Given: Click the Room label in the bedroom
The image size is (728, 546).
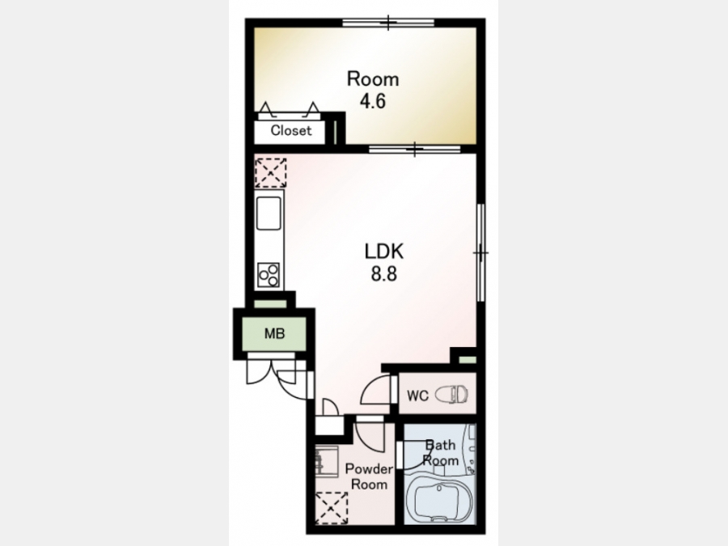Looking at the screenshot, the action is [x=373, y=79].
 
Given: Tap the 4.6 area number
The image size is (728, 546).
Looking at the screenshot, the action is [x=373, y=101].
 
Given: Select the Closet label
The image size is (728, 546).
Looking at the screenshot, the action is [x=291, y=130].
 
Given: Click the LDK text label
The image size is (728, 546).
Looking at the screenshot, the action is [x=384, y=252].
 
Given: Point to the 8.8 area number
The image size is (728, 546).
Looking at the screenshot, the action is [x=384, y=274].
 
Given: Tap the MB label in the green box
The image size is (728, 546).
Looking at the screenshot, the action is [x=274, y=333].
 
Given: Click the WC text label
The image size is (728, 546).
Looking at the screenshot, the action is [x=417, y=396].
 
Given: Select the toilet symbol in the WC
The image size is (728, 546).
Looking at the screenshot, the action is [x=451, y=395].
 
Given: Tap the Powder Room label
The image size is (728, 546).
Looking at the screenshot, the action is [x=369, y=476].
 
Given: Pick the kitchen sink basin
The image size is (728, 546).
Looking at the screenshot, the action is [x=269, y=213].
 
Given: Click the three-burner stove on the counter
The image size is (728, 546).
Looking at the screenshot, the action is [x=269, y=275].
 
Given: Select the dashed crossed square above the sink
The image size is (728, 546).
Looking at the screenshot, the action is [x=271, y=173].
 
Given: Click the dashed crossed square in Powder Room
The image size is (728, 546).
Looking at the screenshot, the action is [x=332, y=508].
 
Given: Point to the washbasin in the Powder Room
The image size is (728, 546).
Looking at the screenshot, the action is [x=327, y=460].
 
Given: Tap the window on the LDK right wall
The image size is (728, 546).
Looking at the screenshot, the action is [x=481, y=253].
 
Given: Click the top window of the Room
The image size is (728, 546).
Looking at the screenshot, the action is [x=388, y=23].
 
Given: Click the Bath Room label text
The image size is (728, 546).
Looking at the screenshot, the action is [x=441, y=453].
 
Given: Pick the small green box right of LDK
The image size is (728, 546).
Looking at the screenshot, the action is [x=468, y=360].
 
